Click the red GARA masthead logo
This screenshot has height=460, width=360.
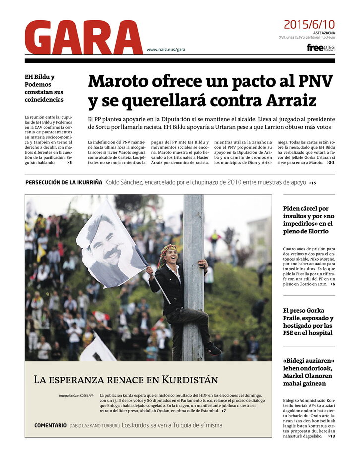click(83, 37)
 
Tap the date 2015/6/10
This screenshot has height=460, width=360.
click(309, 24)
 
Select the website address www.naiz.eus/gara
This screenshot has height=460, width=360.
click(166, 50)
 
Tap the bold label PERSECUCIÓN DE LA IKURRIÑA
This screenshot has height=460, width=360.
click(64, 182)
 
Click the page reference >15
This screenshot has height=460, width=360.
click(312, 183)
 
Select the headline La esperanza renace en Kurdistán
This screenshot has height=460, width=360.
click(125, 380)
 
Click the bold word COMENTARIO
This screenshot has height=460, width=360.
click(50, 425)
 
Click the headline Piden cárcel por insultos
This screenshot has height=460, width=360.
click(308, 220)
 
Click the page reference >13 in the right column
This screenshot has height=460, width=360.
click(331, 436)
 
